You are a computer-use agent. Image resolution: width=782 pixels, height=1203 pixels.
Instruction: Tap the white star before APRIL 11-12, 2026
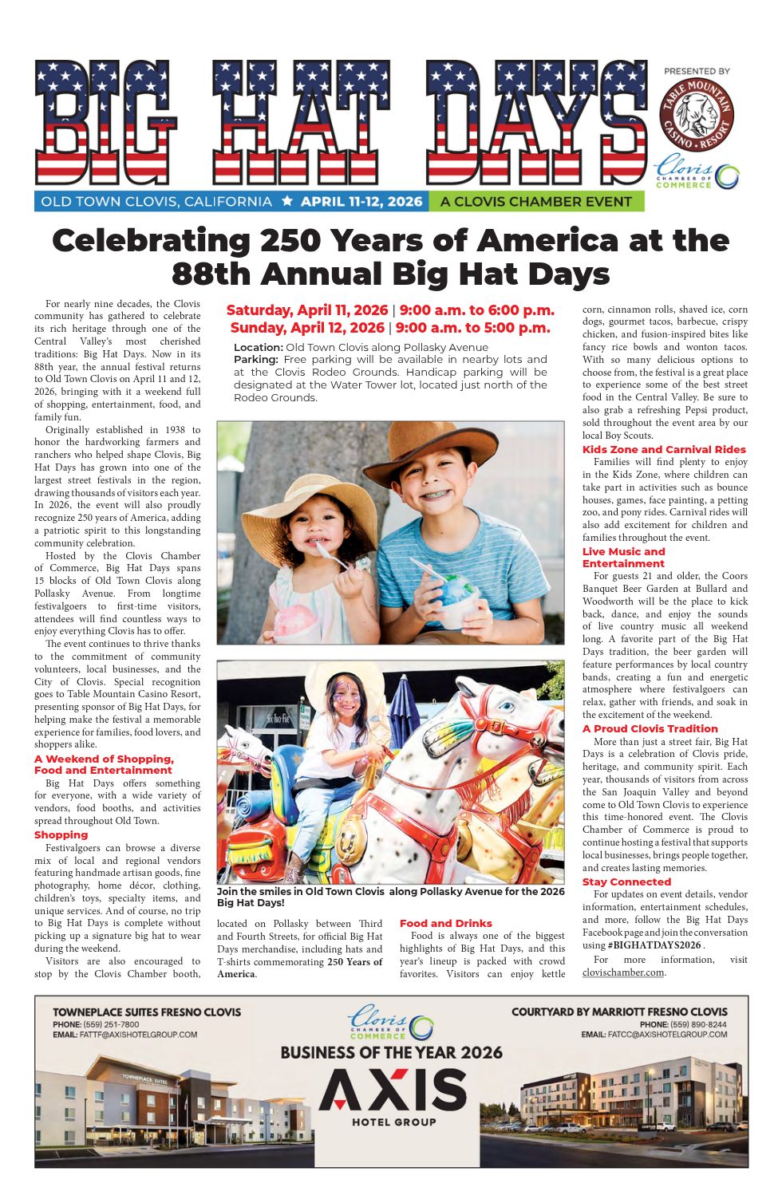[287, 202]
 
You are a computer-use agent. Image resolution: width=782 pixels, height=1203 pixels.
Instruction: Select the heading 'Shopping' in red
[61, 835]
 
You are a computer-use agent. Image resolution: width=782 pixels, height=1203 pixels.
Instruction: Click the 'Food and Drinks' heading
[446, 923]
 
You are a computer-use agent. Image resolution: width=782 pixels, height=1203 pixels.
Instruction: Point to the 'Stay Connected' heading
[626, 882]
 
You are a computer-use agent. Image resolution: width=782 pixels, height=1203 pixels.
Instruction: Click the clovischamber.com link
[623, 972]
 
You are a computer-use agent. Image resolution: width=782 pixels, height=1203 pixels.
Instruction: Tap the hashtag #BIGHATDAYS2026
[654, 945]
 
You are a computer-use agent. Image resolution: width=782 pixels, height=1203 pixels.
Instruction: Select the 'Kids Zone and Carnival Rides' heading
[664, 449]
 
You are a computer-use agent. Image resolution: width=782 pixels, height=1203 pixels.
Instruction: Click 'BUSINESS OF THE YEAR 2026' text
[391, 1053]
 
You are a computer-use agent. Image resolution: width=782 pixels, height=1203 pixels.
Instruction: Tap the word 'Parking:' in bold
[255, 360]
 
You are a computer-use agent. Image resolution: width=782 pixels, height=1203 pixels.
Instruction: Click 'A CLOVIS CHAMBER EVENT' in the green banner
[535, 202]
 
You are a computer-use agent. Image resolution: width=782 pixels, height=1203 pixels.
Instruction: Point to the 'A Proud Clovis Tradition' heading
[650, 728]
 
